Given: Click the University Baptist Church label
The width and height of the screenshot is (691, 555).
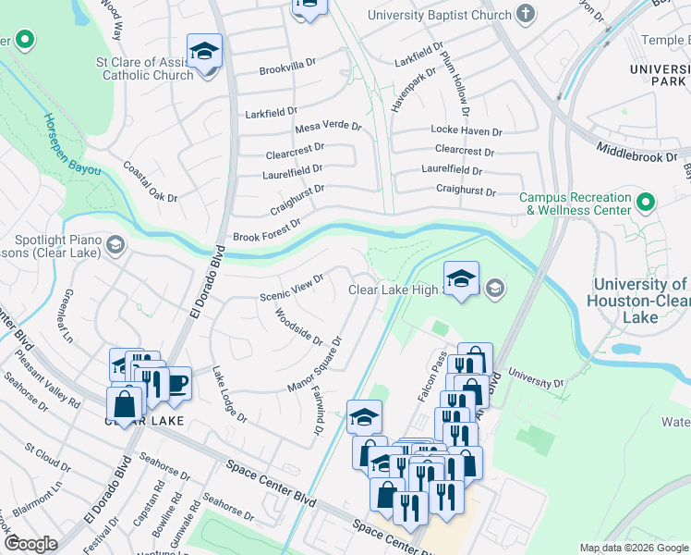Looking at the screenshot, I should (439, 15).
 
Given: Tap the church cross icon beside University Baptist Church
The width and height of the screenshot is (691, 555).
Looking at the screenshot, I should (526, 15).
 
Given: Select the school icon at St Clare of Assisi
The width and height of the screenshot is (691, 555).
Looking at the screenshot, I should (204, 51).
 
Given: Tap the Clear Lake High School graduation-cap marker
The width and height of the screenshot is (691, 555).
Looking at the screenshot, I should (460, 277).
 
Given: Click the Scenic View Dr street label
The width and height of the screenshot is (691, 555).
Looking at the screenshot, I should (292, 288).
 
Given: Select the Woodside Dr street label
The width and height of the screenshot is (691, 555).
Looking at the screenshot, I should (298, 327).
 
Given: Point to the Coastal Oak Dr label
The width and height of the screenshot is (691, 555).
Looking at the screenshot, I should (151, 182).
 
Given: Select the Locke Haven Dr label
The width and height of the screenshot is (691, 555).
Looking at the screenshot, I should (467, 132).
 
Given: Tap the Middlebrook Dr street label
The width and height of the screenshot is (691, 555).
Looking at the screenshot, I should (636, 146).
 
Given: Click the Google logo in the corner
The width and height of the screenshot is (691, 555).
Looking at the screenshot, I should (31, 545).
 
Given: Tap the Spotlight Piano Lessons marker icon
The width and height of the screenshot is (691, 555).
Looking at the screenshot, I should (115, 245).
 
